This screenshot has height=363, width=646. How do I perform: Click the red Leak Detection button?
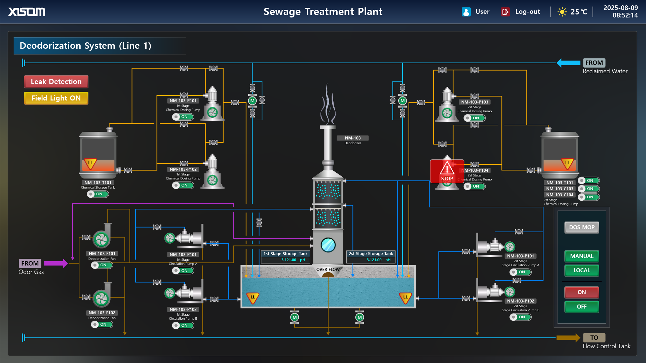[56, 82]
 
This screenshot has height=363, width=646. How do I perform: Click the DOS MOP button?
[581, 227]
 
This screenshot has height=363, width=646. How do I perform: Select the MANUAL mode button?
[581, 256]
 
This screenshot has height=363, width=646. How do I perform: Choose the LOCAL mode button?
[581, 270]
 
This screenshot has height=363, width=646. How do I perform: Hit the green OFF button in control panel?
[581, 307]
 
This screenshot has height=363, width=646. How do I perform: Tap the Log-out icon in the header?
[505, 12]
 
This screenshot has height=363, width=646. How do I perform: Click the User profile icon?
[466, 12]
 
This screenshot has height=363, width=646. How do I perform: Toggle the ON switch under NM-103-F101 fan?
[102, 265]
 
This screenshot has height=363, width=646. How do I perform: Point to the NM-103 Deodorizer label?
[352, 138]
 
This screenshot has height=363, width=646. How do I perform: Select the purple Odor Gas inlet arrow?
[55, 263]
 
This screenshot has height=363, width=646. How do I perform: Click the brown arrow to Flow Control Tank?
[568, 338]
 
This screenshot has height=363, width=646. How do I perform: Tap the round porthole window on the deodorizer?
[328, 245]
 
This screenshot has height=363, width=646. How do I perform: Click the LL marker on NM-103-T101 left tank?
[90, 163]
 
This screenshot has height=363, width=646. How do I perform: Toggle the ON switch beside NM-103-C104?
[589, 197]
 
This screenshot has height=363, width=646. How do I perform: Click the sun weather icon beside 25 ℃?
[562, 12]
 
